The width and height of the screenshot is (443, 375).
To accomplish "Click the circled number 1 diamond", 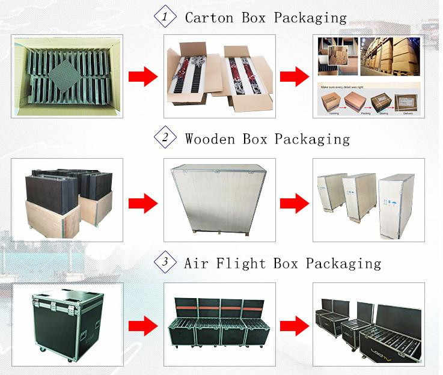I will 165,16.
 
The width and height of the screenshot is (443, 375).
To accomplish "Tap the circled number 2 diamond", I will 165,138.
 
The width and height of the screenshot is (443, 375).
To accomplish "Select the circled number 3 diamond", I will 165,262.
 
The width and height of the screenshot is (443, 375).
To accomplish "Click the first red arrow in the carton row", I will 143,76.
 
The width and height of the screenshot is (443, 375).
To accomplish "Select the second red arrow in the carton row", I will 295,76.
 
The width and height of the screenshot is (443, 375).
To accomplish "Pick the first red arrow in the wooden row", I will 143,203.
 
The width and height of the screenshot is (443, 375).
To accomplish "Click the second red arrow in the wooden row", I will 295,203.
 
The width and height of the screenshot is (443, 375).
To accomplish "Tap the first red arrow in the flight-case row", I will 143,326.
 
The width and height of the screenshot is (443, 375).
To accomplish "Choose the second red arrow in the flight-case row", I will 295,326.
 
